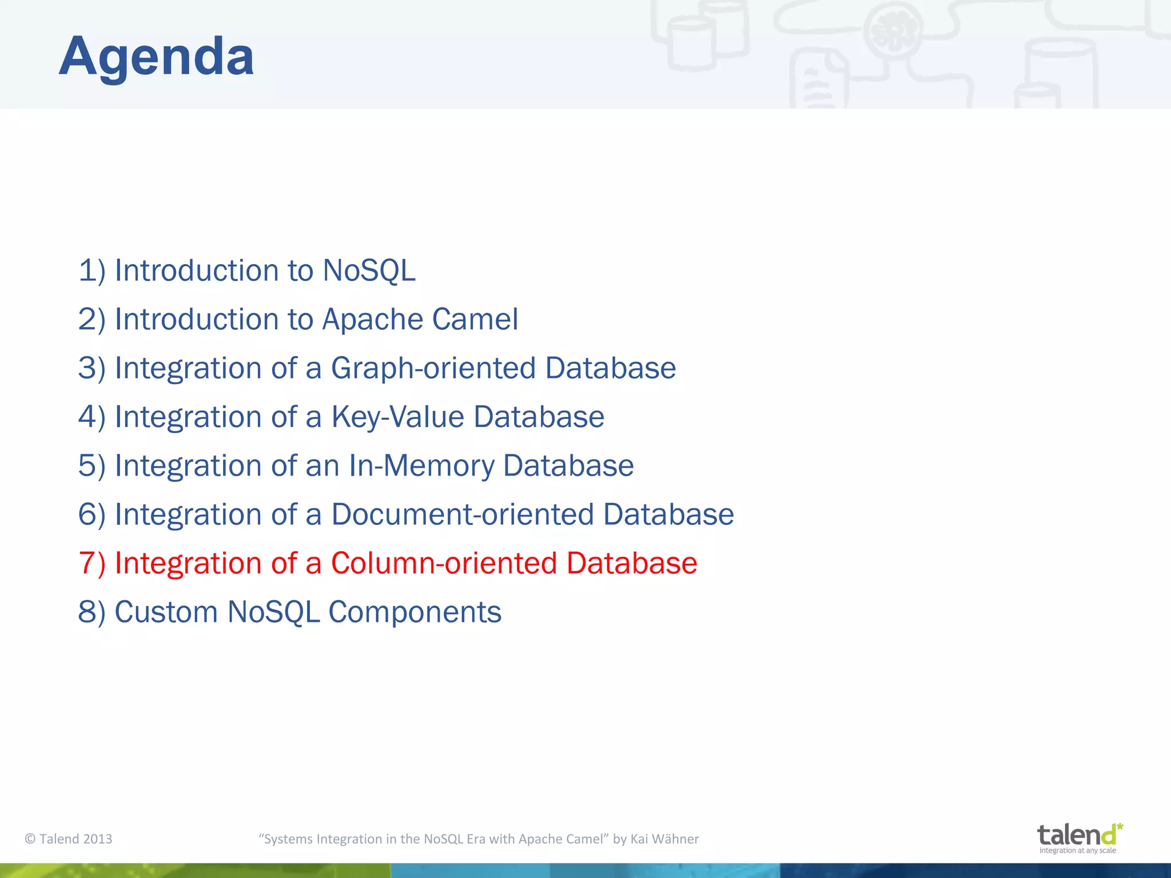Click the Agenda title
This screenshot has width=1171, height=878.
(x=156, y=56)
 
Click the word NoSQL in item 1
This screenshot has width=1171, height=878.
(x=369, y=270)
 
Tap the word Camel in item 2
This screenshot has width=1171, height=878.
(x=475, y=319)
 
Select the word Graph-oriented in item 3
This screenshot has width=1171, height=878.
(x=433, y=368)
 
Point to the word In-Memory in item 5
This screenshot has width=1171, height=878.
(x=421, y=465)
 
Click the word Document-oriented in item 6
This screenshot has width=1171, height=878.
(x=463, y=514)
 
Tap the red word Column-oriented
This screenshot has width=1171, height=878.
(x=444, y=563)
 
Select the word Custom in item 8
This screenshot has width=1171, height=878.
(x=166, y=612)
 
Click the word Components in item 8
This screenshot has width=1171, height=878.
(x=415, y=612)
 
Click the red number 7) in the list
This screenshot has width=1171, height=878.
(x=91, y=563)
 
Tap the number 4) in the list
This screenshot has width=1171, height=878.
(x=91, y=417)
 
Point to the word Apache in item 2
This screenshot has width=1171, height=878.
(x=372, y=319)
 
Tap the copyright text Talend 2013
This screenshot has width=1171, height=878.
(x=69, y=839)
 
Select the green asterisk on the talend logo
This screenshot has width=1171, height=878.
(x=1120, y=827)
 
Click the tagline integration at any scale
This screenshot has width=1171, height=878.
(x=1077, y=851)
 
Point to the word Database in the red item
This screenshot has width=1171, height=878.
(x=631, y=563)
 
